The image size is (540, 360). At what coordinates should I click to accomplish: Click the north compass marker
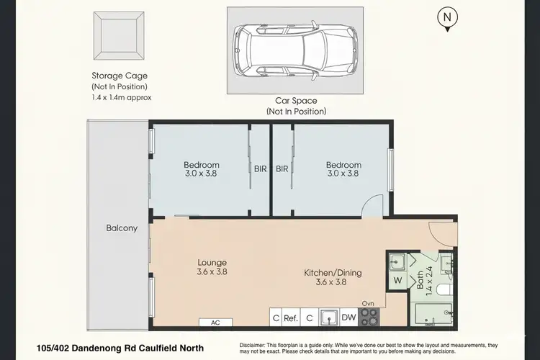[x=448, y=18]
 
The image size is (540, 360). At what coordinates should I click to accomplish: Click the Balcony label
[x=122, y=228]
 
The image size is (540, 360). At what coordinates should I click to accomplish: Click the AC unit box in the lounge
[x=215, y=323]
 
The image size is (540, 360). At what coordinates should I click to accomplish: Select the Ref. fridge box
[x=291, y=317]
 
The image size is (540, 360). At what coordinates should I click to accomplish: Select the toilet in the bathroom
[x=446, y=289]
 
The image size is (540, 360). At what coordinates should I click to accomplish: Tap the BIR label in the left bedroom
[x=260, y=169]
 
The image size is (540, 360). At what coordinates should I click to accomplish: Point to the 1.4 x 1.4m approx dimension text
[x=121, y=97]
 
